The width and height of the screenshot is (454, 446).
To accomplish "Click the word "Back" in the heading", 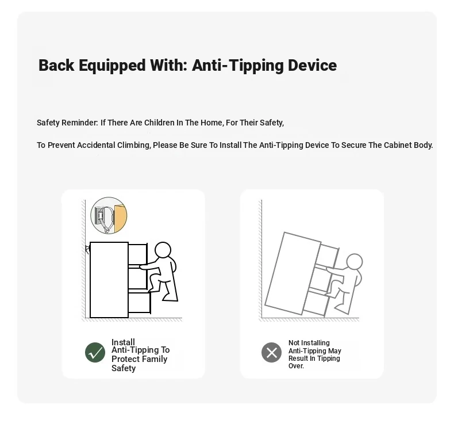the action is pos(56,65).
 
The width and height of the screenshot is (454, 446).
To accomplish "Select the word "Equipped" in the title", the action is pos(112,66).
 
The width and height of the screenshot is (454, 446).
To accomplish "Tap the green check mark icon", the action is pos(95,352).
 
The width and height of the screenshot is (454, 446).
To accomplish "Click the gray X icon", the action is pos(271,352).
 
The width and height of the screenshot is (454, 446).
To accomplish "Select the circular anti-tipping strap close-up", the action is pos(109,215).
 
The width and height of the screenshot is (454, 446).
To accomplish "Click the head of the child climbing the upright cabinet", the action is pos(163,250).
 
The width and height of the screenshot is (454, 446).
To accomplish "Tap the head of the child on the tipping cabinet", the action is pos(355,262).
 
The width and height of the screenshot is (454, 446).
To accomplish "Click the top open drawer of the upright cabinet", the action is pos(138,254).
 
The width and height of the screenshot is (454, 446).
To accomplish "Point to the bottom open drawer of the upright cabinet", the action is pos(139,303).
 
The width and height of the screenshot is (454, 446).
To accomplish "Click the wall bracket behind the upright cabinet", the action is pos(88,249).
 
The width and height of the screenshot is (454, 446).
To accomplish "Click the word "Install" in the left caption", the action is pos(123,342).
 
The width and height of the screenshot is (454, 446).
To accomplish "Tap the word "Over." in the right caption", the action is pos(296,366).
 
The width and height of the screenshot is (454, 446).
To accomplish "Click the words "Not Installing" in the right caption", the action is pos(309,343).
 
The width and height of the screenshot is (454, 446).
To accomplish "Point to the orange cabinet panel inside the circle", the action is pos(120,218).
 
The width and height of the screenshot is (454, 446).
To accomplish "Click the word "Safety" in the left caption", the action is pos(124,368).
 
